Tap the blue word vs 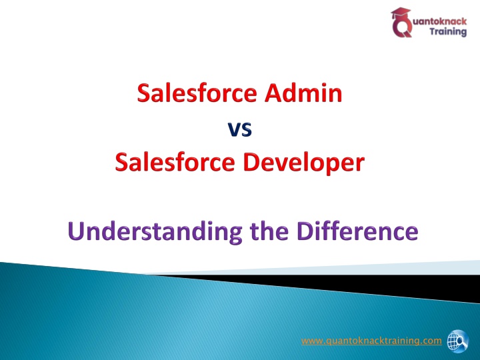point(240,129)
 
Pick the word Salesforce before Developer point(175,162)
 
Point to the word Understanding point(155,231)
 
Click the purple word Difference point(357,231)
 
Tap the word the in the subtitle point(269,231)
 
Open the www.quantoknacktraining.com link point(371,341)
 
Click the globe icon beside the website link point(457,341)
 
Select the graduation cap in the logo point(401,13)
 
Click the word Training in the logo point(448,31)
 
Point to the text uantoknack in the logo point(440,21)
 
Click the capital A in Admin point(273,93)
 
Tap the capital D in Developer point(251,162)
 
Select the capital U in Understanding point(76,231)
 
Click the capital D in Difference point(305,231)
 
